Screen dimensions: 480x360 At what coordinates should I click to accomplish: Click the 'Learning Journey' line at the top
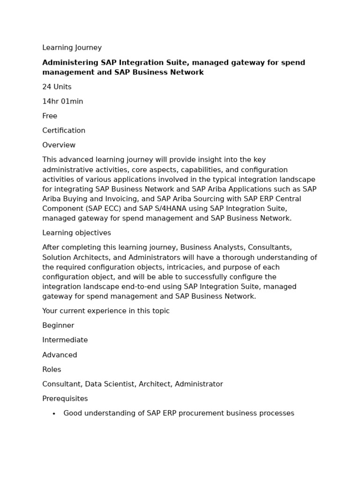(x=72, y=48)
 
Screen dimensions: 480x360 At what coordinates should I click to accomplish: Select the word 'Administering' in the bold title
(x=70, y=63)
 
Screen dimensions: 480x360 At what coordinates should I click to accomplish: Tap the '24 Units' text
(x=57, y=87)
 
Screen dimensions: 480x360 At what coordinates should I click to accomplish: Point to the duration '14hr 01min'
(x=62, y=102)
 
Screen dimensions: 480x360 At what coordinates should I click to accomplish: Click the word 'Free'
(x=50, y=116)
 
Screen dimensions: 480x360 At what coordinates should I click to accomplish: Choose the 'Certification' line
(x=64, y=131)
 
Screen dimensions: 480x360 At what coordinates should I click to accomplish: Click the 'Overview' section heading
(x=59, y=145)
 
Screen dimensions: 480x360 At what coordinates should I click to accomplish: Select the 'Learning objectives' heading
(x=76, y=233)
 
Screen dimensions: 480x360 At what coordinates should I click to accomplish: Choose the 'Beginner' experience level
(x=58, y=326)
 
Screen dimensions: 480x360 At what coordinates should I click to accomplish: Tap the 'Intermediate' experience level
(x=65, y=340)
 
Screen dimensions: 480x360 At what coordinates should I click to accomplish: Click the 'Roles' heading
(x=52, y=370)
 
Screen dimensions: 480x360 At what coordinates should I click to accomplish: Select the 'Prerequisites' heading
(x=65, y=399)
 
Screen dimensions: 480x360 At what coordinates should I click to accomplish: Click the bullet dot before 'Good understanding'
(x=54, y=414)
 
